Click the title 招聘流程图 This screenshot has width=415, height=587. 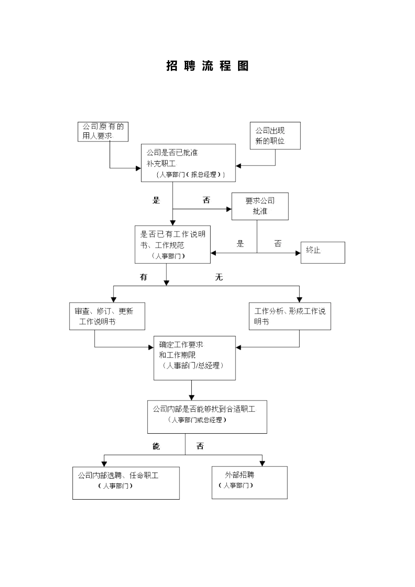click(207, 66)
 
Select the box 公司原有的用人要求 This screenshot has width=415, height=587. click(103, 131)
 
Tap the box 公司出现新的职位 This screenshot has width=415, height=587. click(275, 136)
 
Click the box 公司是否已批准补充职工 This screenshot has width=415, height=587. click(188, 163)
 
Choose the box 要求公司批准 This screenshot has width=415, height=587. click(260, 206)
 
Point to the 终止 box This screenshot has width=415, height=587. click(322, 252)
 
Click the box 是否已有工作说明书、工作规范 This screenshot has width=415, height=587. click(173, 245)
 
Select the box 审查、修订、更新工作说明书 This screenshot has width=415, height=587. click(107, 316)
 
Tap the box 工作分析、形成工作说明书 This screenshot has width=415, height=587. click(290, 316)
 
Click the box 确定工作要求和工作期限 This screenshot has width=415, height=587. click(194, 358)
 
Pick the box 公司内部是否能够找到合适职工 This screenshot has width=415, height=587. click(207, 417)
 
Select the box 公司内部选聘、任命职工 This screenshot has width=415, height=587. click(126, 483)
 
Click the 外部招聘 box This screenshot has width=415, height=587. click(249, 482)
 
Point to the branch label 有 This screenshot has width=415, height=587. click(143, 277)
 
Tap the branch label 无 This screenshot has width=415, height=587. click(219, 277)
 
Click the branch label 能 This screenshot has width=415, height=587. click(156, 446)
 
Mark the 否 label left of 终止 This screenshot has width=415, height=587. click(278, 244)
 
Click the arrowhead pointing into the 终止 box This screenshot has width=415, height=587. click(298, 252)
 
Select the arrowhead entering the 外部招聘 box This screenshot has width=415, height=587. click(262, 463)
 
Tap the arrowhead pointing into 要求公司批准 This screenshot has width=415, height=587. click(229, 209)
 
